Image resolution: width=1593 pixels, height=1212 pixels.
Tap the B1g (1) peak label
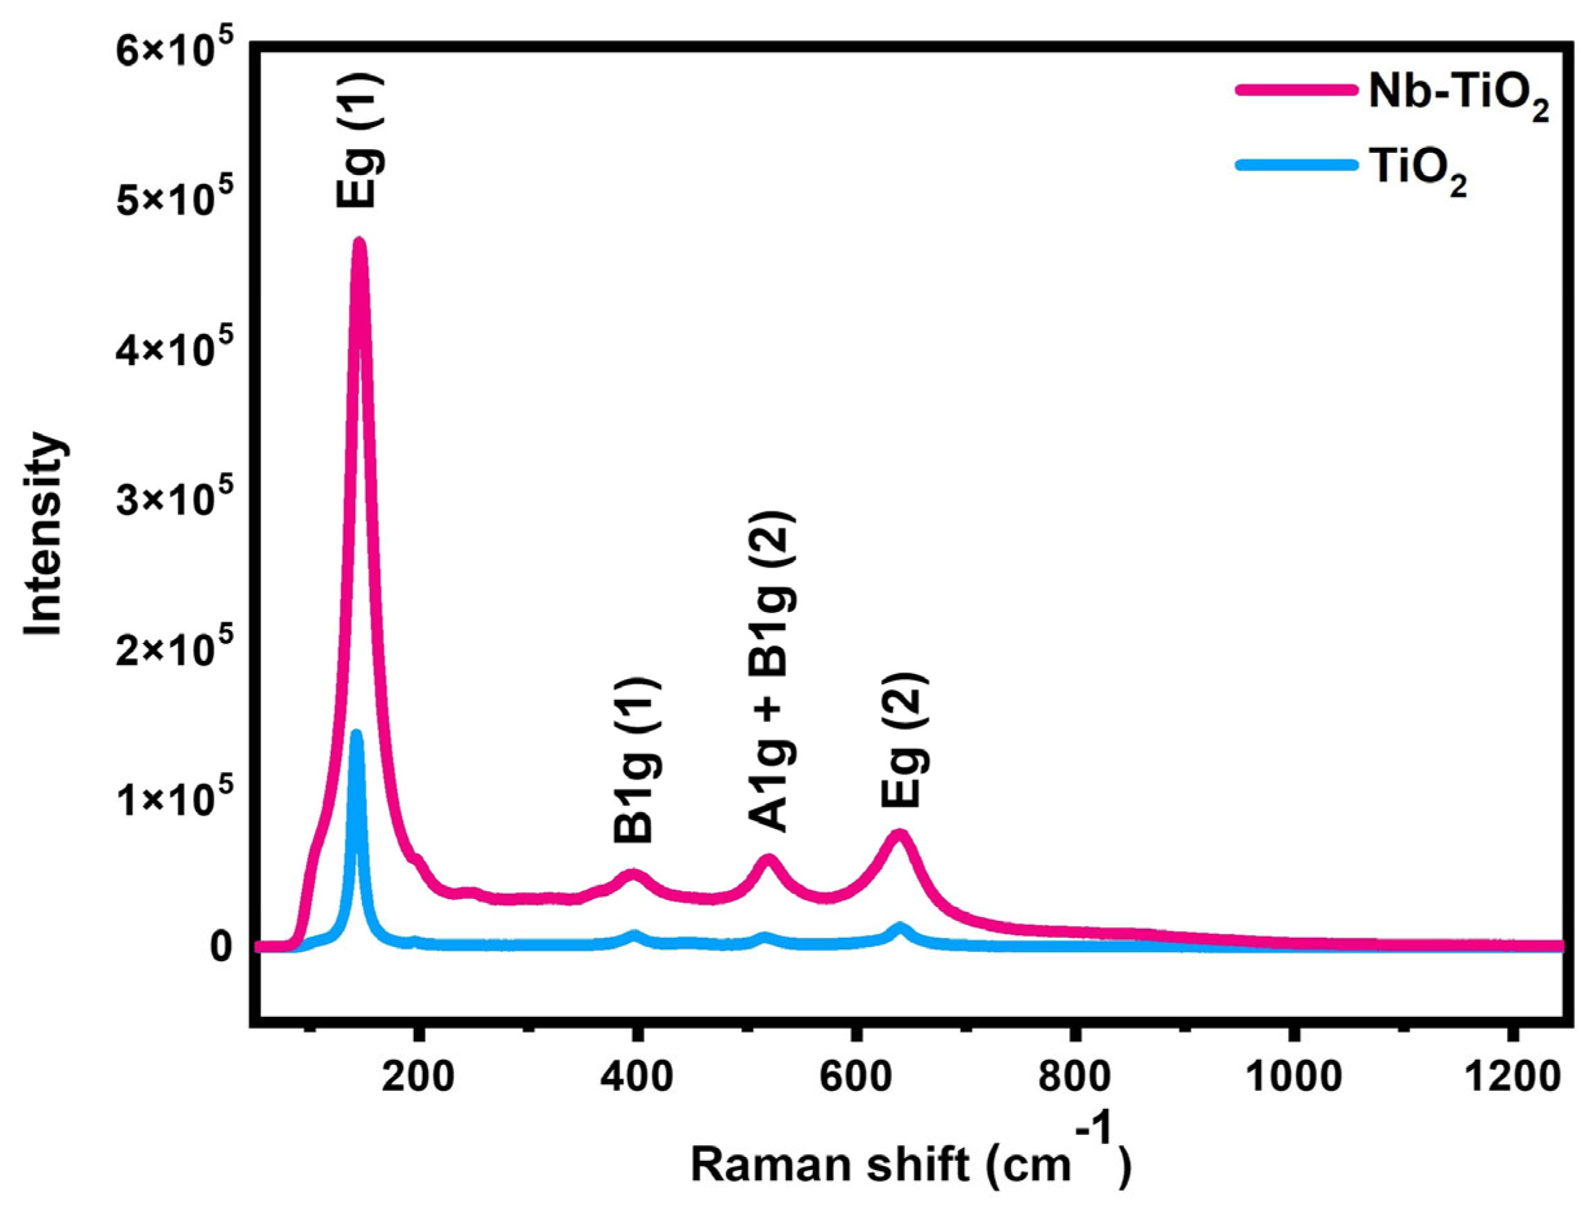(x=636, y=761)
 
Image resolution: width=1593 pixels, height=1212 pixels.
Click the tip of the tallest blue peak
(x=356, y=734)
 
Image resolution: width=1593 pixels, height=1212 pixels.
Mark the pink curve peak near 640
(x=899, y=835)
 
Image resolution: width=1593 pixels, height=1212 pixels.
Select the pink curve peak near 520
(x=768, y=859)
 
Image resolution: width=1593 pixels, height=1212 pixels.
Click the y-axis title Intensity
(x=43, y=534)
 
